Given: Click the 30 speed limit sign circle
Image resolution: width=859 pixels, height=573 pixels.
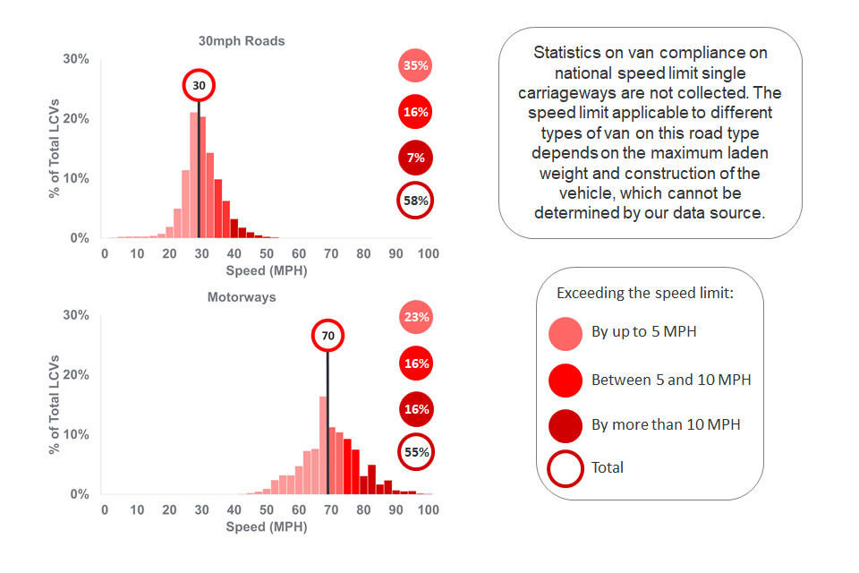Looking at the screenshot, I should click(200, 86).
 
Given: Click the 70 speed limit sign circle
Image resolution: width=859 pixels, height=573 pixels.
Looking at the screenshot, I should click(327, 336).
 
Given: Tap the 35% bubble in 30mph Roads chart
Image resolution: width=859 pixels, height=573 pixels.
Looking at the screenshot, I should click(415, 65).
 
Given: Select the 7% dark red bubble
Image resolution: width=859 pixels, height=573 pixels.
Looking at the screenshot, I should click(415, 158).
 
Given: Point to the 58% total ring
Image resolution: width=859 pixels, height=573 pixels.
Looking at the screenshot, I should click(415, 201).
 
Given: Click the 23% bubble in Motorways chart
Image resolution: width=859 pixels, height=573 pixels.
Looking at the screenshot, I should click(415, 317).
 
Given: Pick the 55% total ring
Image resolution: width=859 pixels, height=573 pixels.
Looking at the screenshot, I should click(415, 452).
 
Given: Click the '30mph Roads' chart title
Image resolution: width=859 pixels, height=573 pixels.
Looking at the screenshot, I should click(242, 41).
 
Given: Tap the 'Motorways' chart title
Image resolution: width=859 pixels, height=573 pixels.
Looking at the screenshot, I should click(242, 297).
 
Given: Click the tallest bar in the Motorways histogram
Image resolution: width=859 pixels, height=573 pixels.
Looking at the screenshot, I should click(323, 448).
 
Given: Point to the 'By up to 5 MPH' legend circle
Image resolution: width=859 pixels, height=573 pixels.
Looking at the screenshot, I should click(566, 332).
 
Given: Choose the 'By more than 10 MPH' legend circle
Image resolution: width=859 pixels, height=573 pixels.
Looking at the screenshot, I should click(566, 424).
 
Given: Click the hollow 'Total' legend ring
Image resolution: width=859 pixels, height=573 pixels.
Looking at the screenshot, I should click(566, 467).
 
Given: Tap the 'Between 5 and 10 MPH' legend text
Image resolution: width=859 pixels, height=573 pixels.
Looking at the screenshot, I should click(671, 380).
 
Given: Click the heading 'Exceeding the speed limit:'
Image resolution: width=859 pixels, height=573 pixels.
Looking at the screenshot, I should click(645, 293).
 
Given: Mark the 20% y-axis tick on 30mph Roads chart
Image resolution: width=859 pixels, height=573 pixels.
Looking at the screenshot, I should click(75, 119).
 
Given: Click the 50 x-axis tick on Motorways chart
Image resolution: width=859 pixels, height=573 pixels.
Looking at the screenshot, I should click(266, 509).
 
